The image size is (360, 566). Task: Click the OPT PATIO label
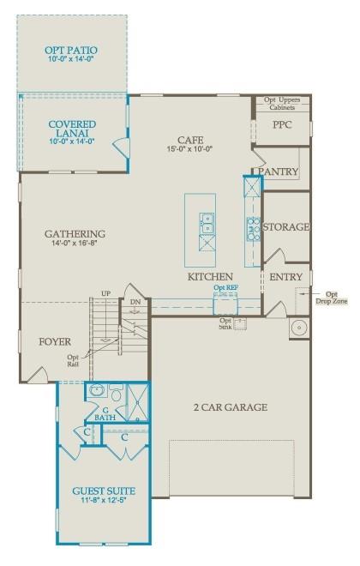(72, 51)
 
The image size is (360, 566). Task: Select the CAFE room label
(190, 140)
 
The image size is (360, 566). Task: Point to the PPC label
(283, 125)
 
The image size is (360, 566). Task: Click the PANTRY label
(279, 172)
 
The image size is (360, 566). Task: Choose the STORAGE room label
(285, 227)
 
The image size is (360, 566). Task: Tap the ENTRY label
(285, 277)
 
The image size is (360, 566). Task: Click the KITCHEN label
(211, 277)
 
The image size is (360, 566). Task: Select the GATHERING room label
(75, 234)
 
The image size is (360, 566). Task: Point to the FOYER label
(55, 341)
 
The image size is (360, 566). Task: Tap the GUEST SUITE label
(103, 491)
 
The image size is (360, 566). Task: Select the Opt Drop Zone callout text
(331, 298)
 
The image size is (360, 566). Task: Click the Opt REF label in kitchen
(225, 287)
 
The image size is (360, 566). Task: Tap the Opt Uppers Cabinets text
(281, 104)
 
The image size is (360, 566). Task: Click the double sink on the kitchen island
(207, 223)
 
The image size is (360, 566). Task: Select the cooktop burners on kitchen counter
(254, 226)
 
